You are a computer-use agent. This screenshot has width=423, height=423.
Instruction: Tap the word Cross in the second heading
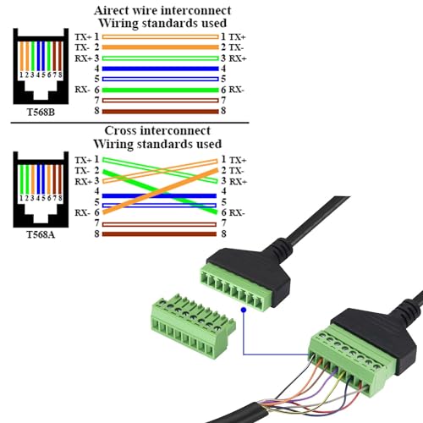pos(123,131)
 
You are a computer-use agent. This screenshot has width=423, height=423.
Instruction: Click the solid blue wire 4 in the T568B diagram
pos(161,68)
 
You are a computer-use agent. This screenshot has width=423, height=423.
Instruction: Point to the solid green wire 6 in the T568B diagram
pos(161,90)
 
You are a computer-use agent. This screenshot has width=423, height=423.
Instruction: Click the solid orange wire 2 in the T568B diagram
pos(161,47)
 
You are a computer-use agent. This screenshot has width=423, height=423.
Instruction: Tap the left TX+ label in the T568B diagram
pos(82,36)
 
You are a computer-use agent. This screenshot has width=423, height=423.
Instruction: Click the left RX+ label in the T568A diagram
pos(82,181)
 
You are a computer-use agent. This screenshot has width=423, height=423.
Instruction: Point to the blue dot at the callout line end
pos(243,310)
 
